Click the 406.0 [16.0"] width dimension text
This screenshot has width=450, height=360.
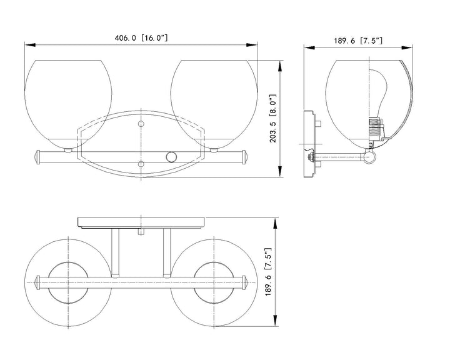pos(141,37)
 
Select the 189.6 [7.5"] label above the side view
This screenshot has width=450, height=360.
pos(358,41)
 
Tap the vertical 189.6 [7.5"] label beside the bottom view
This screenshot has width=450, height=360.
pos(268,272)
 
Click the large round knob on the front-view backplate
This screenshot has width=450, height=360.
pos(171,157)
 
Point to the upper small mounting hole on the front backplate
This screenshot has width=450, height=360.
pos(141,124)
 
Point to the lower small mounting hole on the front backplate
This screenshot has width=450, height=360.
pos(141,164)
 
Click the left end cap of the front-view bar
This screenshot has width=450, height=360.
pos(37,157)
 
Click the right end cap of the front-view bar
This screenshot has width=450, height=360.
pos(244,157)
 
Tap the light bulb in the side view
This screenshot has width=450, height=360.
pos(377,93)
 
